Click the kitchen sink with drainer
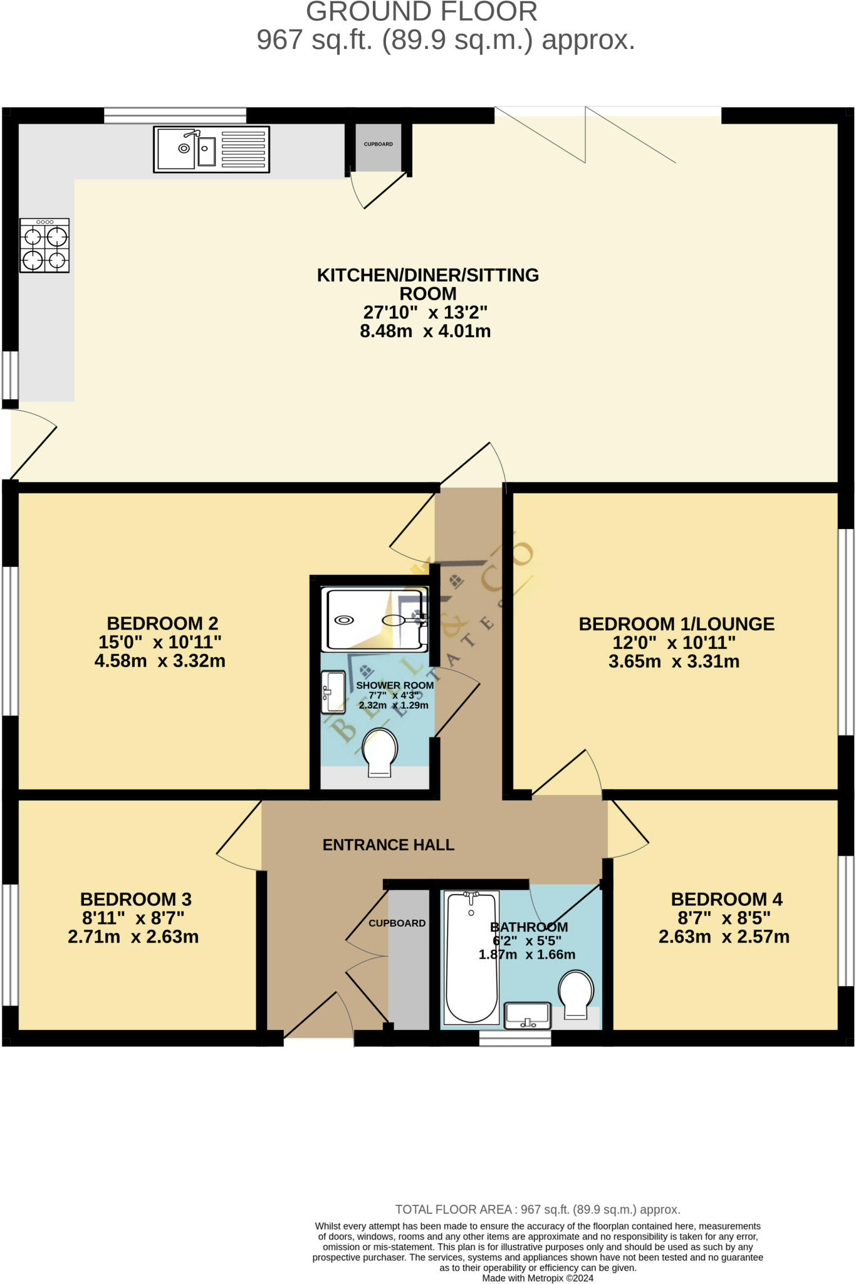[x=211, y=149]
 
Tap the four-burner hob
[x=44, y=245]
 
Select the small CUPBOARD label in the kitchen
[x=378, y=144]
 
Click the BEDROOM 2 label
[x=162, y=623]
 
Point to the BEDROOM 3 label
[x=136, y=899]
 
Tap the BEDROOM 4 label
[x=727, y=899]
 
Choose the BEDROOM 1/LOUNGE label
[x=677, y=624]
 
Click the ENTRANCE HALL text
[x=389, y=845]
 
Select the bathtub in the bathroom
[x=472, y=957]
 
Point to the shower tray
[x=375, y=619]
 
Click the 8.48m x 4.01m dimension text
[x=425, y=331]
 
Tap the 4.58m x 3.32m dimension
[x=160, y=661]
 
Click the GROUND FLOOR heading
[x=422, y=12]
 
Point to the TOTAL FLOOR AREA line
[x=538, y=1209]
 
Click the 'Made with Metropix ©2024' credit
[x=538, y=1278]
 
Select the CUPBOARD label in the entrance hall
[x=397, y=923]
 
